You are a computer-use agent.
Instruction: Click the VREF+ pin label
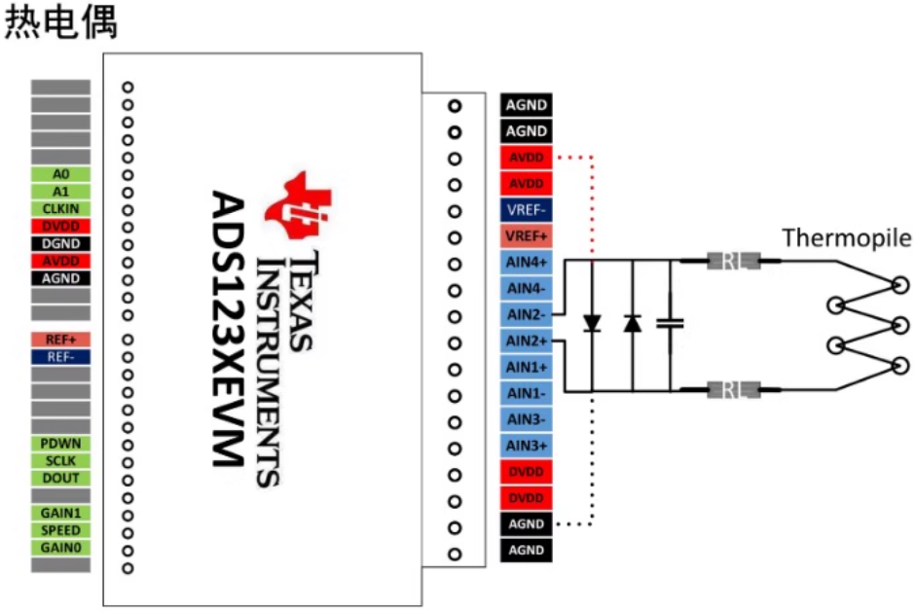tap(527, 235)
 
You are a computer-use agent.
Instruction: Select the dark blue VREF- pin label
tap(527, 209)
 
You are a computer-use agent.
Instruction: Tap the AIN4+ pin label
tap(527, 262)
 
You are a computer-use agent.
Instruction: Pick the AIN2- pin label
tap(527, 314)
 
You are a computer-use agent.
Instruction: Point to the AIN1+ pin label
tap(527, 367)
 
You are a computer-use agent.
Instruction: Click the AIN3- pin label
tap(527, 419)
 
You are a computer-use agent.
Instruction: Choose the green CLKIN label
tap(60, 208)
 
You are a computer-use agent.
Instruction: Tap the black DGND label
tap(60, 243)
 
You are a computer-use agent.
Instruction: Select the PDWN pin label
tap(60, 444)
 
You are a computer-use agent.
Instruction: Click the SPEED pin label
tap(60, 530)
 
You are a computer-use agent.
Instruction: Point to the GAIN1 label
tap(60, 513)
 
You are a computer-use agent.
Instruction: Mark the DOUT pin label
tap(60, 479)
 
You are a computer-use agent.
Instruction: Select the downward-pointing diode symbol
tap(592, 323)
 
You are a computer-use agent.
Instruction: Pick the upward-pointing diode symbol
tap(633, 323)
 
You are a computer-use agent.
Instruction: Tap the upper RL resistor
tap(730, 261)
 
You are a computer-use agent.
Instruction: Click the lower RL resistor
tap(730, 391)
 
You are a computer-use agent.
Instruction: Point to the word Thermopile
tap(847, 237)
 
